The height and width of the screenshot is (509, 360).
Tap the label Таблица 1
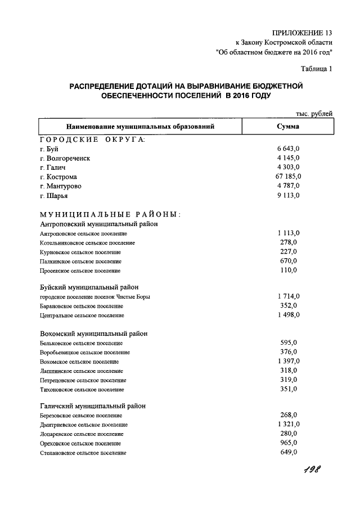[x=316, y=69]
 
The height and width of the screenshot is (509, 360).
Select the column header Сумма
[x=287, y=127]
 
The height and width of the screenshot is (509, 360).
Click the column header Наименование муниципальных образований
[x=140, y=127]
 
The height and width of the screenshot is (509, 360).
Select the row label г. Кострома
[x=58, y=177]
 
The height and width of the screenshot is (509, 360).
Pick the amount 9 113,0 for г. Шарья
[x=290, y=195]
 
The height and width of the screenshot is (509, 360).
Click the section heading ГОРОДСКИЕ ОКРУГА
[x=92, y=139]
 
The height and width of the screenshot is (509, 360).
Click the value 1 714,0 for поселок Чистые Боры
[x=289, y=296]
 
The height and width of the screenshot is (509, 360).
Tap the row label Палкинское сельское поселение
[x=80, y=261]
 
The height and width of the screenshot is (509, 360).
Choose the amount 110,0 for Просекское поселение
[x=289, y=270]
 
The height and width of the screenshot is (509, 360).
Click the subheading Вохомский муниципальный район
[x=94, y=333]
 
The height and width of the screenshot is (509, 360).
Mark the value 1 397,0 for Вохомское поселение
[x=289, y=361]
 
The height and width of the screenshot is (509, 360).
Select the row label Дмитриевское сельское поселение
[x=84, y=425]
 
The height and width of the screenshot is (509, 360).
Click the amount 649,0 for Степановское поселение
[x=289, y=452]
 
